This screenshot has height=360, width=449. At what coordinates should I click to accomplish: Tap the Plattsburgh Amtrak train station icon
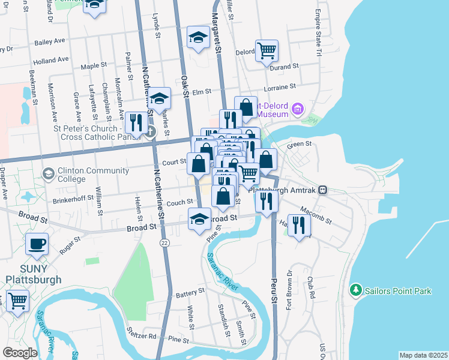[323, 190]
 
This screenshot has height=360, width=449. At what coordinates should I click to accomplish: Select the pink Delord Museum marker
[298, 110]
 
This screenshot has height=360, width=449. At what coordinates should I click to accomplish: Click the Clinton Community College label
[85, 175]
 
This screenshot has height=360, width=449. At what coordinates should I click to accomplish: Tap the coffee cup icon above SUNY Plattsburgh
[37, 245]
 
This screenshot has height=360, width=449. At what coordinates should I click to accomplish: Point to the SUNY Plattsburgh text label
[34, 274]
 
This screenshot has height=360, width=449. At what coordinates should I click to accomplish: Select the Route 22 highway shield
[164, 242]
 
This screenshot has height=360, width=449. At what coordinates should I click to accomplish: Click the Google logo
[20, 352]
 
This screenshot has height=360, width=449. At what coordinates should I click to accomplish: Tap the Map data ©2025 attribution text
[423, 355]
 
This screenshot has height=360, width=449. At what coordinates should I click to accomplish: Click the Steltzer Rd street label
[142, 333]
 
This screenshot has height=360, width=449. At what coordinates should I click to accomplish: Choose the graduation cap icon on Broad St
[200, 219]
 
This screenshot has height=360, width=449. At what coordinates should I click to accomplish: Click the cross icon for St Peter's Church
[151, 131]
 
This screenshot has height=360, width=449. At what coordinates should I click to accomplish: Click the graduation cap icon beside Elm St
[160, 98]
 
